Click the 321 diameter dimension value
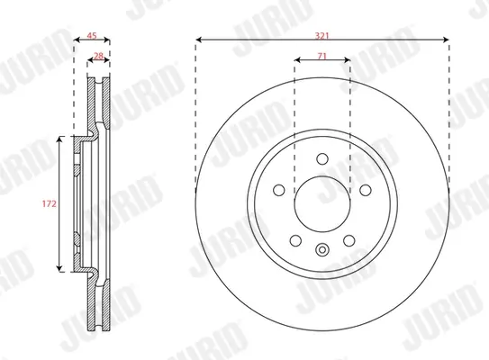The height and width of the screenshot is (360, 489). click(x=321, y=36)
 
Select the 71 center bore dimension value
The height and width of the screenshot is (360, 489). click(x=321, y=56)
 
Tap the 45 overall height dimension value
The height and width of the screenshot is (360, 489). click(x=91, y=36)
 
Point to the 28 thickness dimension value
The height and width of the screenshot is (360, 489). click(x=98, y=56)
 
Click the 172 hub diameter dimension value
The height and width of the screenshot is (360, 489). click(x=50, y=203)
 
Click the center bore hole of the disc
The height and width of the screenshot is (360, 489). click(x=322, y=204)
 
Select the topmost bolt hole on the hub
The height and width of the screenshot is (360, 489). click(x=322, y=158)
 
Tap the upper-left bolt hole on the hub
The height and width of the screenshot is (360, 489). click(x=279, y=190)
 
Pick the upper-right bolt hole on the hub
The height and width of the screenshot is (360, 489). click(x=366, y=190)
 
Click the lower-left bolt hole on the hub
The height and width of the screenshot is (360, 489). click(x=295, y=240)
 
